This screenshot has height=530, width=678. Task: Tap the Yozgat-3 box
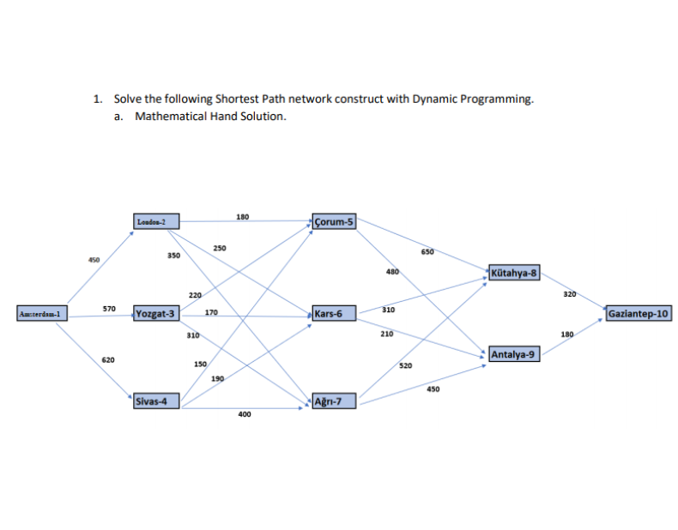pyautogui.click(x=156, y=314)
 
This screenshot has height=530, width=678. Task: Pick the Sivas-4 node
pyautogui.click(x=156, y=401)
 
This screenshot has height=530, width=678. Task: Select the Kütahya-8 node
pyautogui.click(x=515, y=274)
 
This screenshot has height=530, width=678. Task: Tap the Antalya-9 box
pyautogui.click(x=515, y=353)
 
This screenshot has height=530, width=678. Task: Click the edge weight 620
pyautogui.click(x=108, y=360)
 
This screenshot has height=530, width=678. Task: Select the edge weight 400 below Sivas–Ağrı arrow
pyautogui.click(x=245, y=414)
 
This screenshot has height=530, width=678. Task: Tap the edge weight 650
pyautogui.click(x=427, y=252)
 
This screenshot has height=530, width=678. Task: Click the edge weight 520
pyautogui.click(x=406, y=365)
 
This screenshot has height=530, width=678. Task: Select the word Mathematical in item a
pyautogui.click(x=170, y=116)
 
